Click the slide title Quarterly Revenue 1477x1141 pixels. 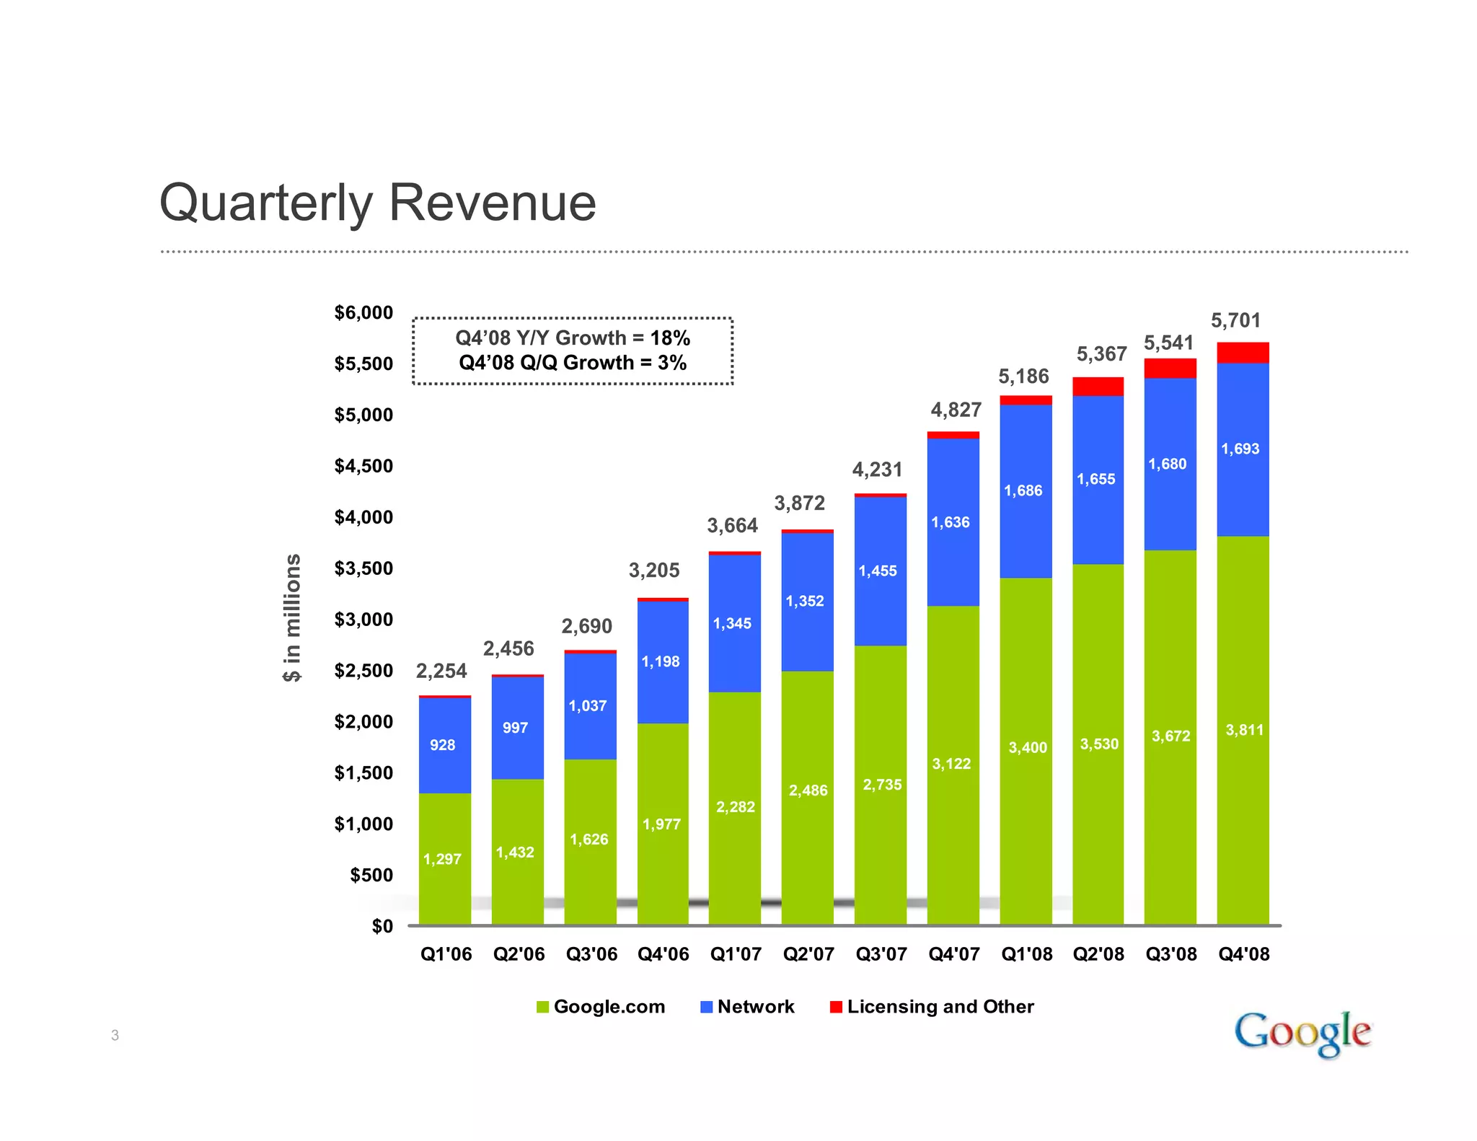tap(377, 203)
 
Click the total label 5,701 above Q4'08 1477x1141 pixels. tap(1235, 321)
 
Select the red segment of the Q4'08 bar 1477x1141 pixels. tap(1243, 353)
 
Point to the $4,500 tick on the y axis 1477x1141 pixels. tap(363, 466)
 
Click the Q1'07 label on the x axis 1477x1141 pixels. tap(736, 954)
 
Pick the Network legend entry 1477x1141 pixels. tap(748, 1007)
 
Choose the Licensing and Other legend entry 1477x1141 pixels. tap(932, 1007)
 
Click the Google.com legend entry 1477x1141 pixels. tap(601, 1007)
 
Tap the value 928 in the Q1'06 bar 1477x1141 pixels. tap(442, 745)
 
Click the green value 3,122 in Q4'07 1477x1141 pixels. tap(951, 764)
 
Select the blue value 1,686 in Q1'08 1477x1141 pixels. tap(1023, 491)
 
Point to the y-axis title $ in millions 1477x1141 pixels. tap(292, 617)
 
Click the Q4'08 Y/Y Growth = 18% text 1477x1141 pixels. tap(573, 338)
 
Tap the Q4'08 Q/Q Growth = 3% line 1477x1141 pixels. tap(573, 363)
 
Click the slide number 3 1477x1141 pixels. tap(115, 1036)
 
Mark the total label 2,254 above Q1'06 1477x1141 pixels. tap(441, 671)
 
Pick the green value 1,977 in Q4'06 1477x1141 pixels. tap(661, 824)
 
